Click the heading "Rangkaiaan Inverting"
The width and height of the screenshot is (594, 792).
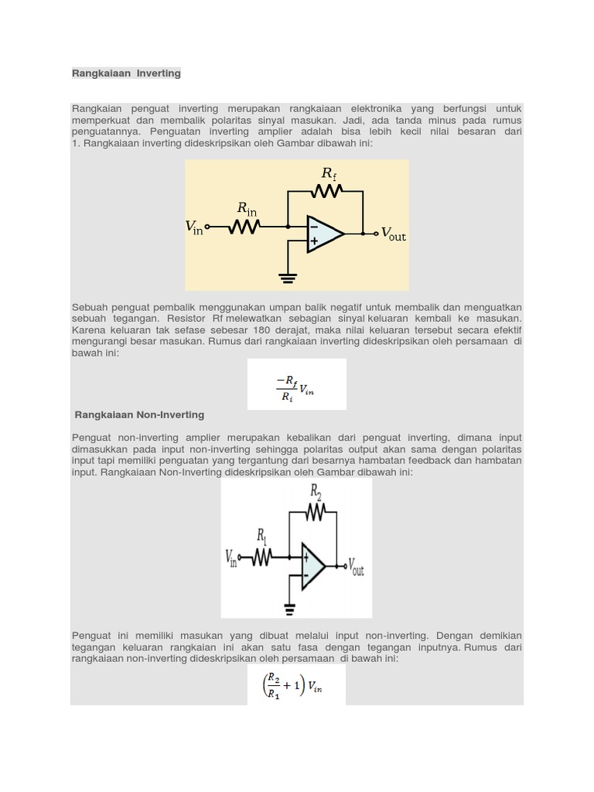point(126,73)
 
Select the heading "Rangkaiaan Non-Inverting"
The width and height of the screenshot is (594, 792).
point(139,415)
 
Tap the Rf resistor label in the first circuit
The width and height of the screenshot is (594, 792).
point(329,173)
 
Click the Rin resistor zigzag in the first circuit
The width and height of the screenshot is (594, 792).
point(245,227)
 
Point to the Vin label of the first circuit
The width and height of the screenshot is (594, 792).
point(194,227)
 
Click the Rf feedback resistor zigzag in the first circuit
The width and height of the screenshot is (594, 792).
point(326,190)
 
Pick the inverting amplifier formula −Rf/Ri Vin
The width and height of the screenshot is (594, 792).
point(296,385)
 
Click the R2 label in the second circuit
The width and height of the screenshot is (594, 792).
point(316,491)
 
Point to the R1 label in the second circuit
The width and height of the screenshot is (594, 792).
point(262,536)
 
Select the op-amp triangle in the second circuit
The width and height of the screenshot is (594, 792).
point(313,566)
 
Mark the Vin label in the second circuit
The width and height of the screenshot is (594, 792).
point(231,558)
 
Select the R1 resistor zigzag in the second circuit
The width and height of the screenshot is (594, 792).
point(261,557)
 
